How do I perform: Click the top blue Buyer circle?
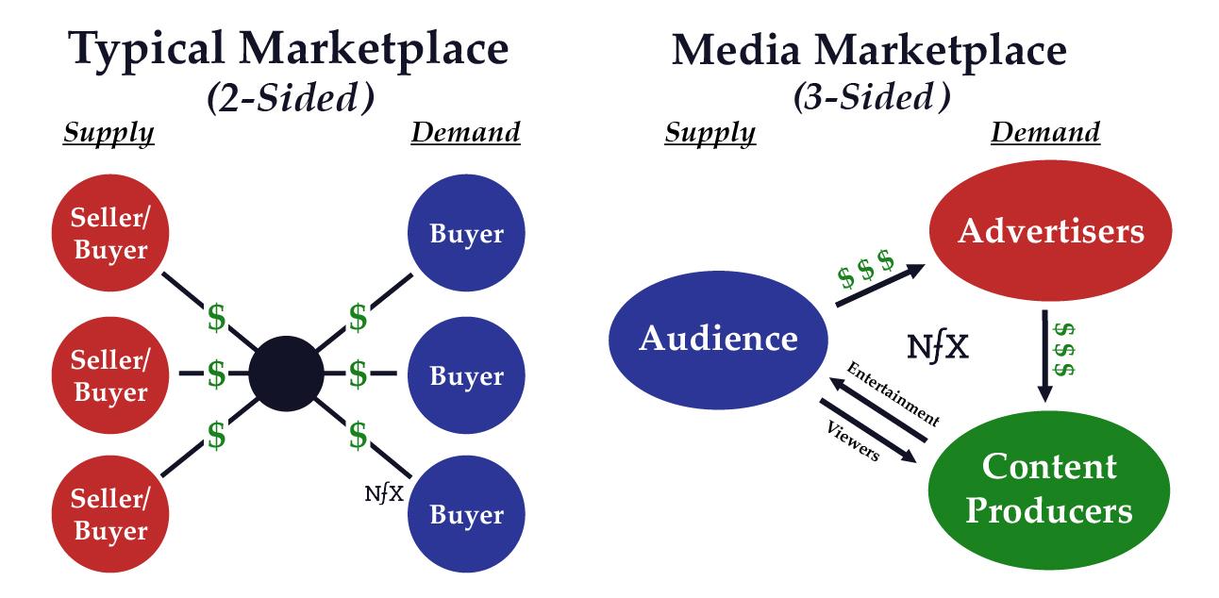[x=466, y=234]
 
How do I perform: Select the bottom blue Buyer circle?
[x=466, y=515]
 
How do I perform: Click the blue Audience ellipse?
[x=719, y=339]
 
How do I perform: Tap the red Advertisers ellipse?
[x=1050, y=231]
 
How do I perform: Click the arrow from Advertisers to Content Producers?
[x=1045, y=353]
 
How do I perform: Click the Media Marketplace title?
[x=869, y=49]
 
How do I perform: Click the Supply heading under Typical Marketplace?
[x=109, y=133]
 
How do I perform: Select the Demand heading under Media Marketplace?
[x=1044, y=133]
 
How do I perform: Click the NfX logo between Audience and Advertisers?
[x=937, y=348]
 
